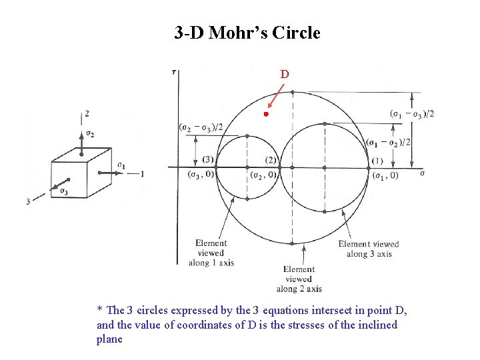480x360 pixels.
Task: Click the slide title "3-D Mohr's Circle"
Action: pyautogui.click(x=247, y=33)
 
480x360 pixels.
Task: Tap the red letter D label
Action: pyautogui.click(x=285, y=74)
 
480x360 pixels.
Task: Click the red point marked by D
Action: pyautogui.click(x=265, y=115)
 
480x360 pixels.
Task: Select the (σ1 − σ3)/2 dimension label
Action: pyautogui.click(x=411, y=114)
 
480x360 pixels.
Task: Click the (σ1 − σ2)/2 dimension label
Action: pyautogui.click(x=389, y=143)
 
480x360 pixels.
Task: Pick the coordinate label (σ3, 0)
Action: pyautogui.click(x=199, y=175)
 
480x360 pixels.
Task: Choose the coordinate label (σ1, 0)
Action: pyautogui.click(x=385, y=175)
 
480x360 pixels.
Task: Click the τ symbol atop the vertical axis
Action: pyautogui.click(x=174, y=71)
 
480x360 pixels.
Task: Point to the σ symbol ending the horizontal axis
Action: pyautogui.click(x=422, y=173)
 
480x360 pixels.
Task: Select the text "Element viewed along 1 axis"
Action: pyautogui.click(x=211, y=253)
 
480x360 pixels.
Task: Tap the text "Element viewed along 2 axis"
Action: pyautogui.click(x=299, y=279)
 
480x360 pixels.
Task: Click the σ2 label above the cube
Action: pyautogui.click(x=90, y=133)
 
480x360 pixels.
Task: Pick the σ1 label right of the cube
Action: pyautogui.click(x=121, y=165)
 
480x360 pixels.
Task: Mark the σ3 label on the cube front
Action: pyautogui.click(x=63, y=192)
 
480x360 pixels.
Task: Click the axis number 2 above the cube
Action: pyautogui.click(x=87, y=114)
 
